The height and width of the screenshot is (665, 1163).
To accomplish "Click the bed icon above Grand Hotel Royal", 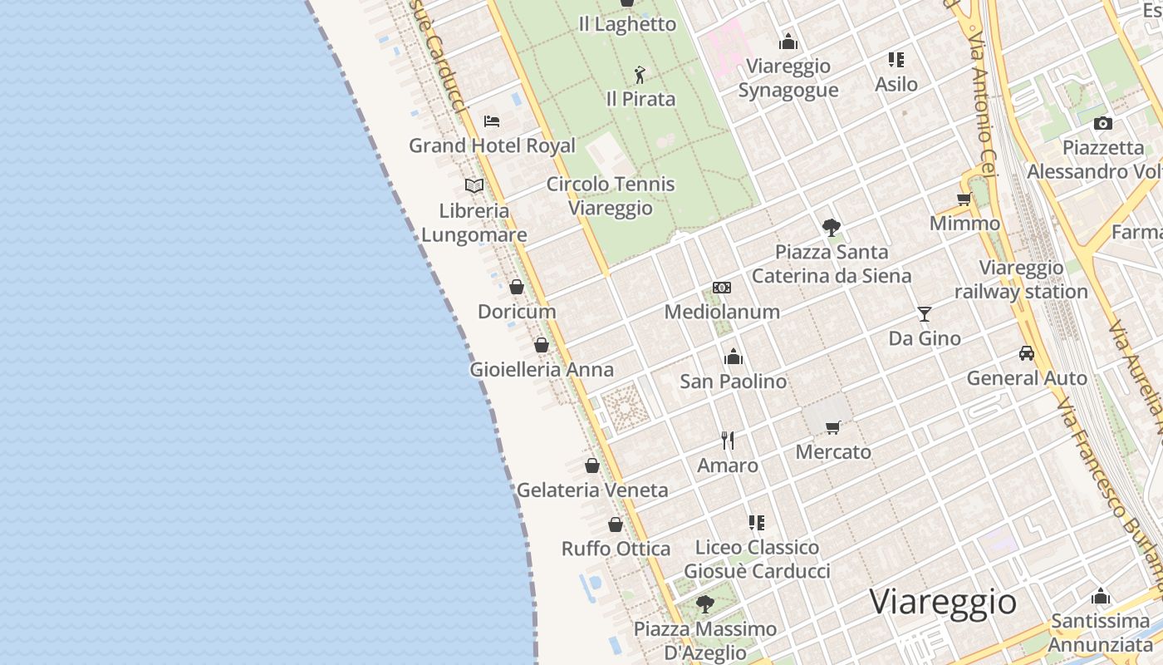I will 492,121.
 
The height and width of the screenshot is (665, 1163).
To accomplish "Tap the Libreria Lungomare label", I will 474,223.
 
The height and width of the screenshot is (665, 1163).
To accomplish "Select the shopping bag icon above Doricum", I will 517,288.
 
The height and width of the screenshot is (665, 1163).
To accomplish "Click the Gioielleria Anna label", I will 542,370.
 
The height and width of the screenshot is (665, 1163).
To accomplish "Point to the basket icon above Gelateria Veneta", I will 592,465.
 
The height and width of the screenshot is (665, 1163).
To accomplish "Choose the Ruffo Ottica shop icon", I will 616,525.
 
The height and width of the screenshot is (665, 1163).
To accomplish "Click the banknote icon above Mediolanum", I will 722,288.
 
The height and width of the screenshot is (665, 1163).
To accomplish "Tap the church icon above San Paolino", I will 734,357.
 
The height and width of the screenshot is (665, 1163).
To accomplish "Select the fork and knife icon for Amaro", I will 728,441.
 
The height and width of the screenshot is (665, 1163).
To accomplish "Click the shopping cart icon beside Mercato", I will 833,427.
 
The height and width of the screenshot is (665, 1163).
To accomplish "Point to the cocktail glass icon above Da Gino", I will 925,314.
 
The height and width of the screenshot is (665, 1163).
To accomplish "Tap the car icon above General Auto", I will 1027,353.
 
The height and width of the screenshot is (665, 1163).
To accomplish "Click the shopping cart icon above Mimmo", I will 964,199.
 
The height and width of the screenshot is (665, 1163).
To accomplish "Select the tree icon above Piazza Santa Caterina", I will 831,227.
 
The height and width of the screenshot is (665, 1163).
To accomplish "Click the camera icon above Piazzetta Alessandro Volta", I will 1103,124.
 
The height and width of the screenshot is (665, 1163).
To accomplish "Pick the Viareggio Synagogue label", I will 788,78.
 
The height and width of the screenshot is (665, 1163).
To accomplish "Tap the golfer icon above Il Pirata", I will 640,76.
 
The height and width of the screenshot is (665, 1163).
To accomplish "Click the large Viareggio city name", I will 943,601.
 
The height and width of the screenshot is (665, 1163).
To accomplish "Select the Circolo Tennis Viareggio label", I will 611,196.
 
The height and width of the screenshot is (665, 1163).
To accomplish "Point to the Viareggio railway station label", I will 1021,280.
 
